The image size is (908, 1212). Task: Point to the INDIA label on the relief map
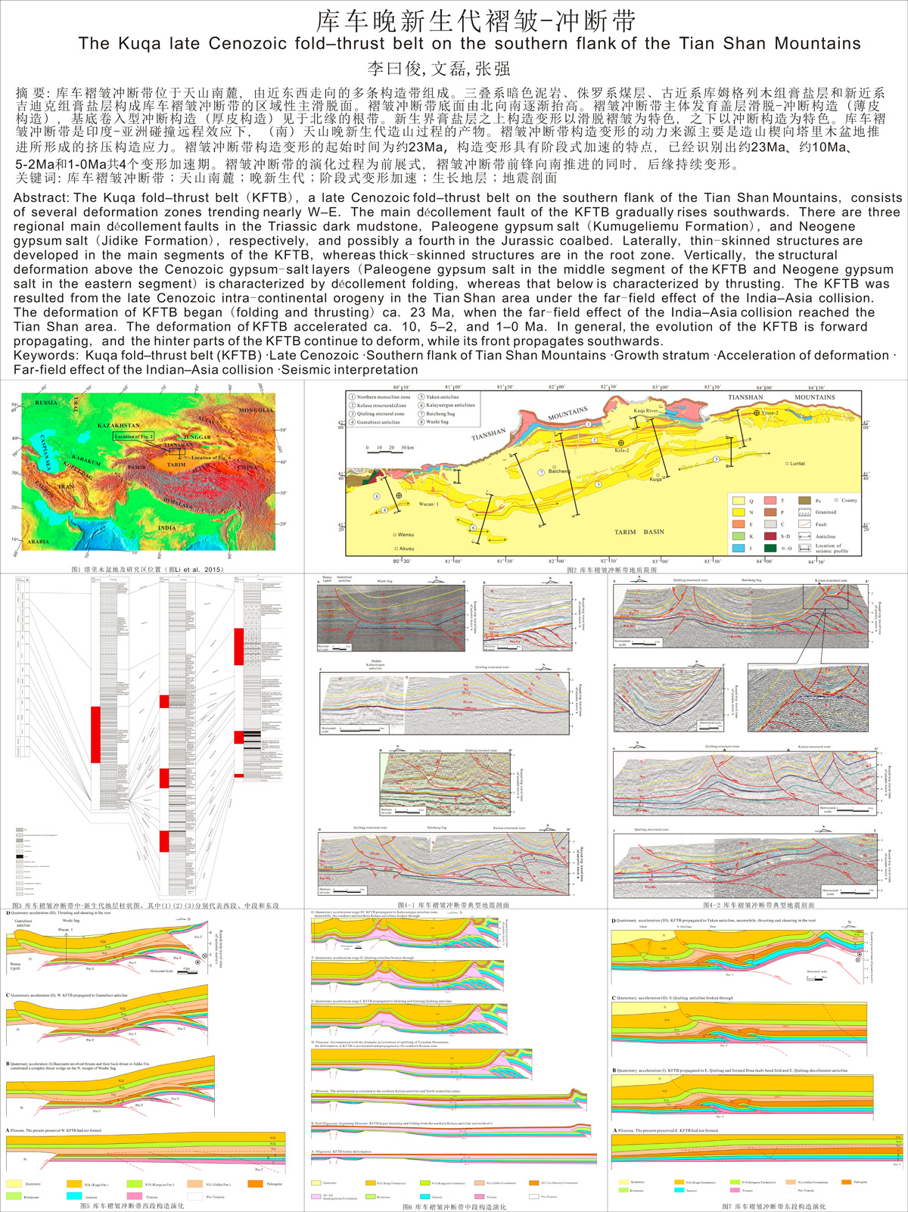coord(166,527)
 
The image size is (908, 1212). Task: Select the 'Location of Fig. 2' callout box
coord(133,437)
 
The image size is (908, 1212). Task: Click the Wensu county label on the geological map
coord(406,535)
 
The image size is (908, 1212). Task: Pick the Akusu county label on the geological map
coord(406,548)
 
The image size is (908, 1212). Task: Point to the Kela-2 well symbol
coord(622,443)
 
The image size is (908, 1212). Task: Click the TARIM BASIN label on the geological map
coord(639,532)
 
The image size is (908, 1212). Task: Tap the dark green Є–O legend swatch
coord(770,548)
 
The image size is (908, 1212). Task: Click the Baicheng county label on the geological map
coord(558,471)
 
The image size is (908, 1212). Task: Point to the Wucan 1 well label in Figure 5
coord(64,930)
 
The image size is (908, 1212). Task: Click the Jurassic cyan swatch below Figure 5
coord(73,1196)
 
